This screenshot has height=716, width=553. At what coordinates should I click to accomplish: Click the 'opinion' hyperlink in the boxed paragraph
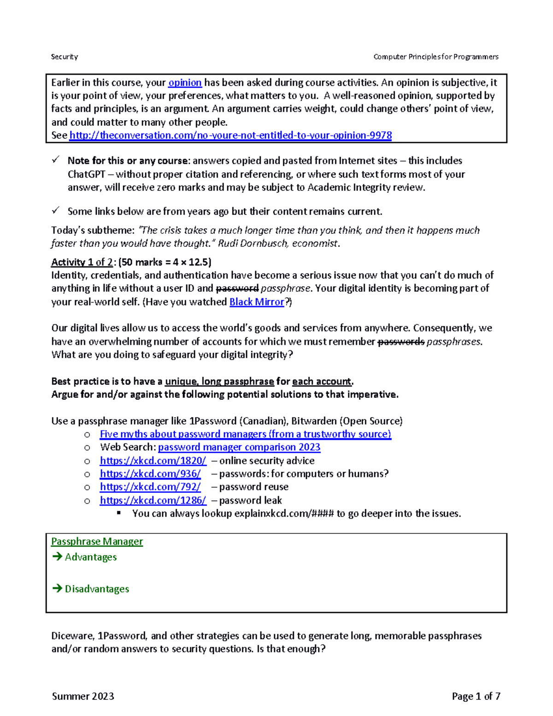tap(185, 83)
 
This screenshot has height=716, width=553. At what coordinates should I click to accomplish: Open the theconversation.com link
tap(230, 135)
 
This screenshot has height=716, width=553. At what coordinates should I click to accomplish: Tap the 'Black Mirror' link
tap(257, 302)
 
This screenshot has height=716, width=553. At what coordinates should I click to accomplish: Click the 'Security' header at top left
tap(65, 57)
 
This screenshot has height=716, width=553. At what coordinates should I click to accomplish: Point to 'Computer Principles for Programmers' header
tap(435, 57)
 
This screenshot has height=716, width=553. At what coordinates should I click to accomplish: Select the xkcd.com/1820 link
tap(153, 461)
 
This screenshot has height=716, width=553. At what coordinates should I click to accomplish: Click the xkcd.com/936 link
tap(150, 473)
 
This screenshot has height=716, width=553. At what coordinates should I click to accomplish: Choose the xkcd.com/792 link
tap(150, 487)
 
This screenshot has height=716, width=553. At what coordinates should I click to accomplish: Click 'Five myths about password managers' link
tap(245, 434)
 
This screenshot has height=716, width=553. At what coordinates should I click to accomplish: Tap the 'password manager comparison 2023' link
tap(239, 447)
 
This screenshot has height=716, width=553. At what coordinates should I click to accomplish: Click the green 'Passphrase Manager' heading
tap(97, 541)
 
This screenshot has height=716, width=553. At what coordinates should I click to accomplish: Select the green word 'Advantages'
tap(91, 557)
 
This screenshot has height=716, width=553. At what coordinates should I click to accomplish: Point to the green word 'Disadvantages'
tap(97, 589)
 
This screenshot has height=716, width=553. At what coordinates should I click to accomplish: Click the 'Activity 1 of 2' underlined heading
tap(82, 262)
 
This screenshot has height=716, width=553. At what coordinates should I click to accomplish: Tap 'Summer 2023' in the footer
tap(83, 696)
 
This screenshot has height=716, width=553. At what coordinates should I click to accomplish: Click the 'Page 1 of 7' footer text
tap(476, 696)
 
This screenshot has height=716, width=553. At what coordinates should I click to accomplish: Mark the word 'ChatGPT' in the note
tap(86, 174)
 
